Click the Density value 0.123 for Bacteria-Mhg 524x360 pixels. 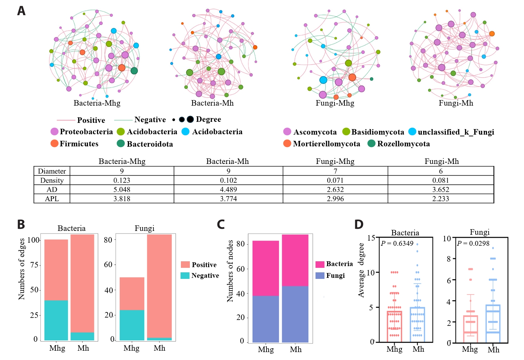point(122,180)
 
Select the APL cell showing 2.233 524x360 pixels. point(440,198)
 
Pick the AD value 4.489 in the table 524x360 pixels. point(228,189)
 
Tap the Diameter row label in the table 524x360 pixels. point(52,171)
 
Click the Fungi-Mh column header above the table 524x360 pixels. point(441,161)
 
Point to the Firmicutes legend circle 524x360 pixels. point(55,143)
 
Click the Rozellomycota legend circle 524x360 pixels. point(371,143)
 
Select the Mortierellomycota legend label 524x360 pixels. point(326,144)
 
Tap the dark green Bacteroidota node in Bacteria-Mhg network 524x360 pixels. point(134,71)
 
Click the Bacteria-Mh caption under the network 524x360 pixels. point(212,103)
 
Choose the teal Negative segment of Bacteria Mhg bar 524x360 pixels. point(56,320)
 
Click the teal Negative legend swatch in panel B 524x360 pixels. point(185,275)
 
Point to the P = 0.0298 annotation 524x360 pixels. point(473,243)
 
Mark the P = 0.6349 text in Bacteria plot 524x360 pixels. point(397,243)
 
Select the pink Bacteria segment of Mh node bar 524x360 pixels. point(295,260)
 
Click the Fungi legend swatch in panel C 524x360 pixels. point(320,275)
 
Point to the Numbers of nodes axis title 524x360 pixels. point(230,271)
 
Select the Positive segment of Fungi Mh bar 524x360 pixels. point(159,286)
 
